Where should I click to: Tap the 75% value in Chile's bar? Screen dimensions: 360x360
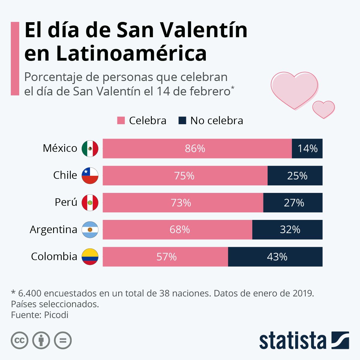click(x=184, y=176)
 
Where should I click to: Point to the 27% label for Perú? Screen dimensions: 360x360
click(x=294, y=203)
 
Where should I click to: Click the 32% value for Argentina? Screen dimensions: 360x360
click(x=290, y=230)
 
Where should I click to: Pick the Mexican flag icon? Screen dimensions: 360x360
click(x=90, y=148)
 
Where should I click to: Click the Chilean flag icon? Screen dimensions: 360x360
click(x=90, y=176)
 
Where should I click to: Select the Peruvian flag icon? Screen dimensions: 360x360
click(x=90, y=202)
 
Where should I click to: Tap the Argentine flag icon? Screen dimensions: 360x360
click(x=90, y=230)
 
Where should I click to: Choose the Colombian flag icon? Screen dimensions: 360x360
click(x=90, y=257)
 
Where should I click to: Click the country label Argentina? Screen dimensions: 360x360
click(x=53, y=229)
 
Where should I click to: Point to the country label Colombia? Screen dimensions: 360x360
click(x=54, y=256)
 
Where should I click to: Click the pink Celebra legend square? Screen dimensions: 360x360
click(x=121, y=121)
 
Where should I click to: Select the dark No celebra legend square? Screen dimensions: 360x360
click(x=182, y=121)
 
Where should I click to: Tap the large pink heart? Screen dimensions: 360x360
click(x=294, y=88)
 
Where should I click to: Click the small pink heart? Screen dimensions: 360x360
click(x=323, y=109)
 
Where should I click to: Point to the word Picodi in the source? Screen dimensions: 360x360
click(x=56, y=315)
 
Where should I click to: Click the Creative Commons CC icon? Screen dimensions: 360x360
click(x=19, y=340)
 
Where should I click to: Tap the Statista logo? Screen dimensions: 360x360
click(x=304, y=340)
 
